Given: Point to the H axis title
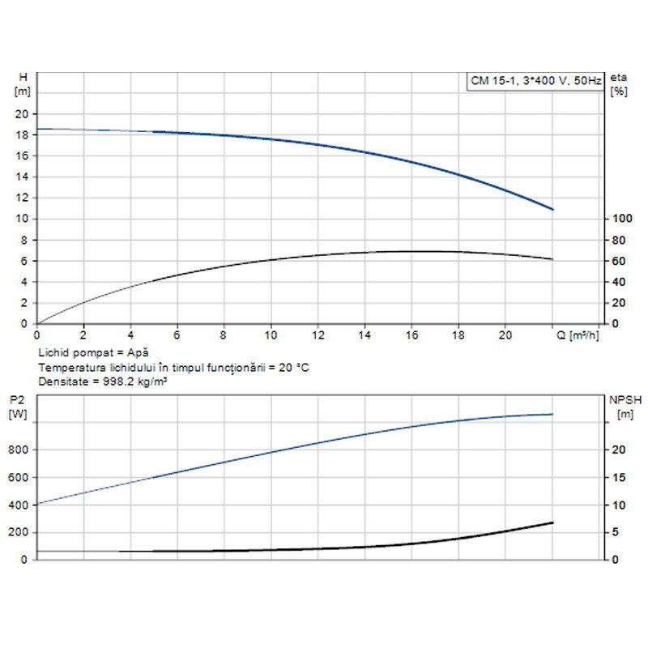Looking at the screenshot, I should click(23, 76).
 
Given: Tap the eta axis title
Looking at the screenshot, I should click(620, 76).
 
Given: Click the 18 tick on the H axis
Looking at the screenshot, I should click(23, 134).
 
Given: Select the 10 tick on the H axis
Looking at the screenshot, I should click(23, 219).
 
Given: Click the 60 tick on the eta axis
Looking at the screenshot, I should click(619, 261).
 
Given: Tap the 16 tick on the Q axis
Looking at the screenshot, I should click(411, 334).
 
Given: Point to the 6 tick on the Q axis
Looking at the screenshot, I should click(177, 334).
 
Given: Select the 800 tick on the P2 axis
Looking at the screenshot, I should click(21, 450).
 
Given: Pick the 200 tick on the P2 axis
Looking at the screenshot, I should click(21, 532).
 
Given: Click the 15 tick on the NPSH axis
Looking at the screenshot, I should click(616, 477).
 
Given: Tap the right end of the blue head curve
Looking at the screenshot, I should click(553, 210).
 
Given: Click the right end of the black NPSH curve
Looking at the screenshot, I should click(553, 522).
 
